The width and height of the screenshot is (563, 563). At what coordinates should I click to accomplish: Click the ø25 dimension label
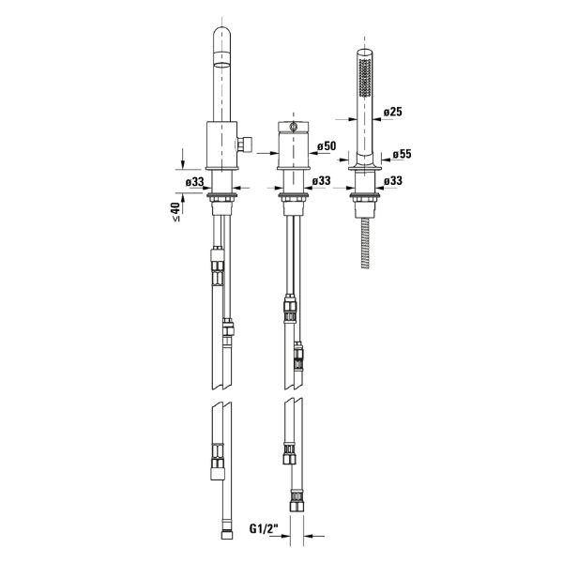pos(392,112)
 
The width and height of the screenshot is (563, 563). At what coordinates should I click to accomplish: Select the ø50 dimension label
pos(327,146)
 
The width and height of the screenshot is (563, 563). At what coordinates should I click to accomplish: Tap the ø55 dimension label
pos(402,154)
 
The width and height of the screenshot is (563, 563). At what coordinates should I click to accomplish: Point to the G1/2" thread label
pos(264,528)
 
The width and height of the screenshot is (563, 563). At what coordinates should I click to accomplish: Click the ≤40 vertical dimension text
pos(175,211)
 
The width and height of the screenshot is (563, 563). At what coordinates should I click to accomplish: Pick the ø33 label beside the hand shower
pos(393,180)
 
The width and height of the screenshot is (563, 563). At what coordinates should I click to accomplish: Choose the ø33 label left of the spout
pos(194,182)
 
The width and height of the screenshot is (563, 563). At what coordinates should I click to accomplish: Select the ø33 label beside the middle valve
pos(321,180)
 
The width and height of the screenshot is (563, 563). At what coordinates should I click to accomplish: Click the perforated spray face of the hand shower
pos(365,78)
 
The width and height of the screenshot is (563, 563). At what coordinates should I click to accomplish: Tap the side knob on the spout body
pos(245,145)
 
